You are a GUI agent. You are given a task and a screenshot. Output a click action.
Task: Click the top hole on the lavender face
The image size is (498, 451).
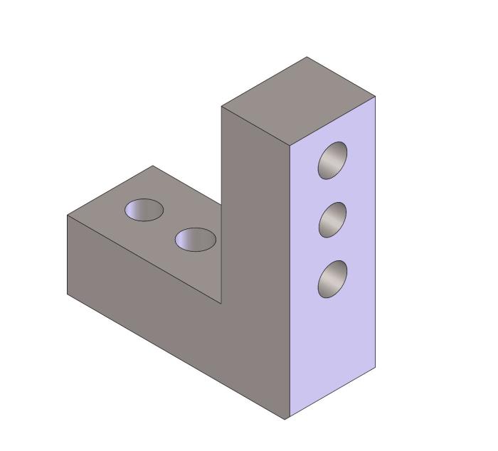point(332,160)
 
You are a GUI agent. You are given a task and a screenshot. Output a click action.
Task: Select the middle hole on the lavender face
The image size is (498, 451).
point(332,220)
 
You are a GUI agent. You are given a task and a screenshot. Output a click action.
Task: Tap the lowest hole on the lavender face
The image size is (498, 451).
point(332,279)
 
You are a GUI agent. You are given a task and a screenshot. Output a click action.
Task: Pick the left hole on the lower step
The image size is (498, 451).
point(144,210)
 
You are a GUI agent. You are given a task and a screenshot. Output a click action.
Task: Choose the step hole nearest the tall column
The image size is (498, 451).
point(196,239)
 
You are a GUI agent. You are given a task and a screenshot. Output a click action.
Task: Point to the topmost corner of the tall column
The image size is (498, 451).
point(307,58)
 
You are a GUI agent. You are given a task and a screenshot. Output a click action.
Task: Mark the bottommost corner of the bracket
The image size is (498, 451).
point(285,419)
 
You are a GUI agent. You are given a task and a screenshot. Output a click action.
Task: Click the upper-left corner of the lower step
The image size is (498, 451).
point(68,216)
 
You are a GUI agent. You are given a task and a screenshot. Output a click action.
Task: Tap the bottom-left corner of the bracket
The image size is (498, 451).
point(68,293)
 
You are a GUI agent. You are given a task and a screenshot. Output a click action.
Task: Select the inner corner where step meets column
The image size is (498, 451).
point(221,304)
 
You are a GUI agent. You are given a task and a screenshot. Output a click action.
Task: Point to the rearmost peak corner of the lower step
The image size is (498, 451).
point(152,166)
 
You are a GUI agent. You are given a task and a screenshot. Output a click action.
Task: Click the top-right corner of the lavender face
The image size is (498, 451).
point(375,96)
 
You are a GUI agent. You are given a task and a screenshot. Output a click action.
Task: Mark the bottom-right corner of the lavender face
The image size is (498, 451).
point(375,367)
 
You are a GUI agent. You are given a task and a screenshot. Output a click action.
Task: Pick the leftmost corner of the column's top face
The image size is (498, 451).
point(221,107)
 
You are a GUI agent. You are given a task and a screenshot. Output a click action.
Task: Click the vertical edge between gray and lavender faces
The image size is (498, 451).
point(288,285)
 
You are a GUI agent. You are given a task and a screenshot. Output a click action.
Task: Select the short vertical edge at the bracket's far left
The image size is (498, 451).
point(68,255)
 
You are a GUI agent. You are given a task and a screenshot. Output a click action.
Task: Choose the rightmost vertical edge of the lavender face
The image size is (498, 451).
point(375,235)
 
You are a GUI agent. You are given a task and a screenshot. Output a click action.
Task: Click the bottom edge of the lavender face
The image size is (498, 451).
point(331,393)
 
